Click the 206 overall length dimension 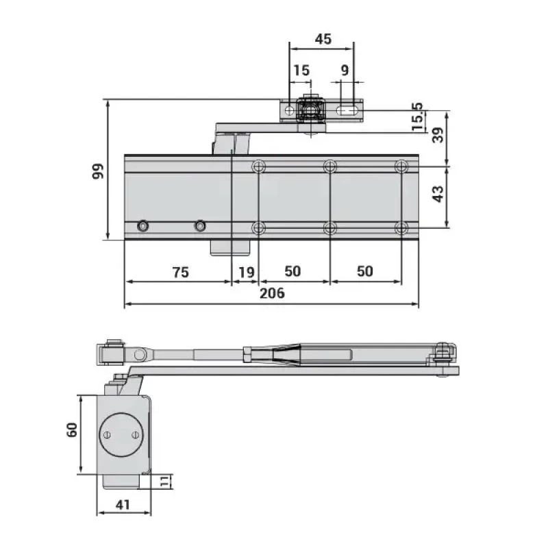pyautogui.click(x=272, y=293)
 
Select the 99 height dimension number pyautogui.click(x=98, y=171)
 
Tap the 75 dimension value pyautogui.click(x=181, y=272)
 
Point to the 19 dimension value pyautogui.click(x=247, y=272)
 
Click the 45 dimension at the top pyautogui.click(x=323, y=39)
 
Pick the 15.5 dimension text pyautogui.click(x=417, y=116)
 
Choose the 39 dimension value pyautogui.click(x=438, y=135)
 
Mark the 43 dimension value pyautogui.click(x=438, y=194)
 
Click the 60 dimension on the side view pyautogui.click(x=72, y=429)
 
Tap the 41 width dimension pyautogui.click(x=123, y=505)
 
